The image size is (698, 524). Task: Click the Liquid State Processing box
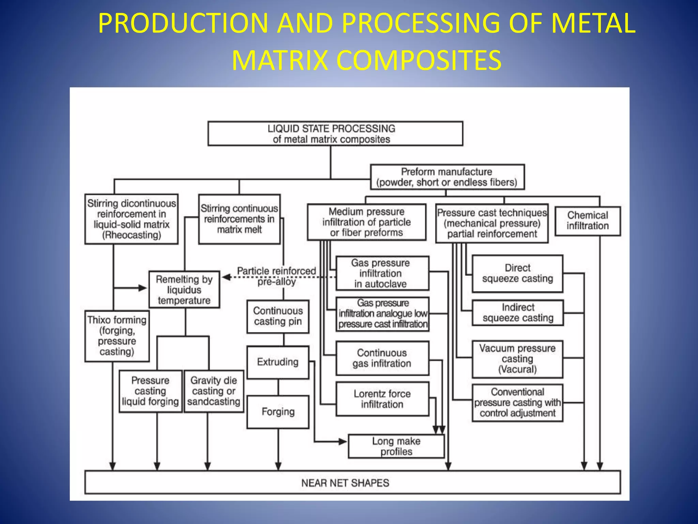(335, 134)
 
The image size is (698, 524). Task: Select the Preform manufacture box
(447, 177)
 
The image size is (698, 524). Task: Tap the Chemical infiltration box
(588, 221)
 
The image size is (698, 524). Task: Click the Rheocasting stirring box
(132, 219)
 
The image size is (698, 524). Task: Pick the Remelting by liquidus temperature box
(184, 290)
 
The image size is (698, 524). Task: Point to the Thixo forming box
(117, 336)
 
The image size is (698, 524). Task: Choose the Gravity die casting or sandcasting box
(214, 391)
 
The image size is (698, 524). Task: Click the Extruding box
(278, 362)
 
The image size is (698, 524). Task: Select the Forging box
(278, 412)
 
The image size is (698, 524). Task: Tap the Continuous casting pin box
(278, 316)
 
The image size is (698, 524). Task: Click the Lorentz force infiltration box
(382, 399)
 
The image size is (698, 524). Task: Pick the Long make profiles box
(396, 446)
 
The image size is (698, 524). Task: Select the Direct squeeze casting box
(517, 273)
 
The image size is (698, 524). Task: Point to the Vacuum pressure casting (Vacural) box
(517, 359)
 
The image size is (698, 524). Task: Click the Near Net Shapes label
(345, 483)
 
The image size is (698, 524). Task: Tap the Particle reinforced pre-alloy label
(276, 276)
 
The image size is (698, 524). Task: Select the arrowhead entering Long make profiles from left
(343, 441)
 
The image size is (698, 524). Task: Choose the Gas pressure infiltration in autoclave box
(382, 273)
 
